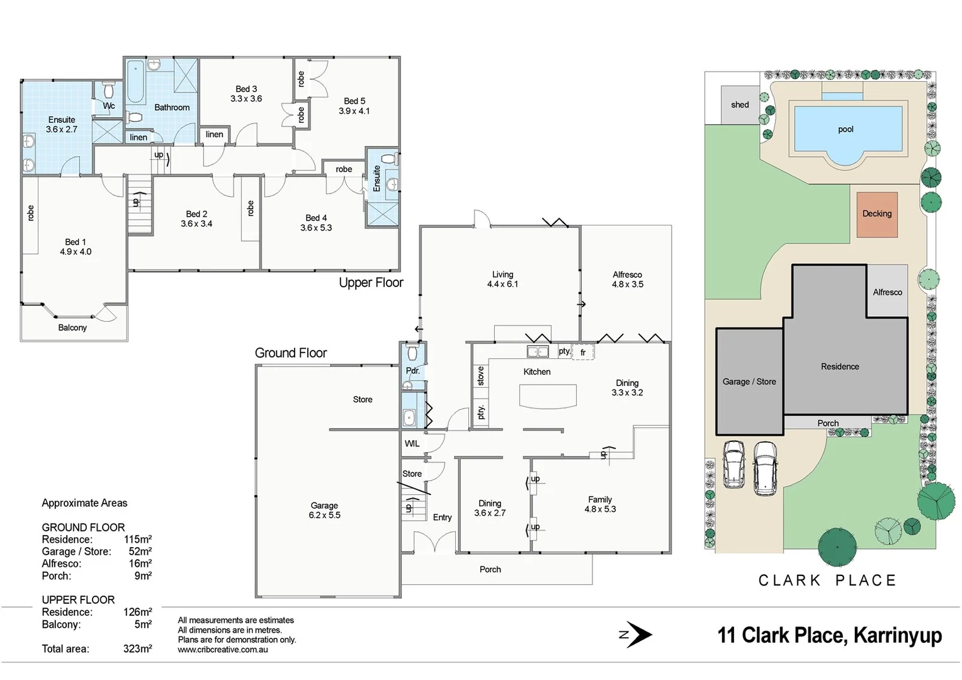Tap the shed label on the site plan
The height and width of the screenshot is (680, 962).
pos(740,105)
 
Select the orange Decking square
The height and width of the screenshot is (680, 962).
pos(877,214)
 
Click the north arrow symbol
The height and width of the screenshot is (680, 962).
pos(637,635)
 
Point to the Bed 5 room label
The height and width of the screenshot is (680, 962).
pos(354,106)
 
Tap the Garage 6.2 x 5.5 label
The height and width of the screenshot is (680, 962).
pos(324,510)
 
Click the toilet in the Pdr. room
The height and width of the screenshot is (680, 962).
pos(412,353)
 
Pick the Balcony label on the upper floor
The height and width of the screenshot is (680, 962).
pos(72,327)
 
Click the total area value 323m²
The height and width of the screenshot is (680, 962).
pos(137,649)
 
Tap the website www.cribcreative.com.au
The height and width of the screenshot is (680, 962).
pos(222,650)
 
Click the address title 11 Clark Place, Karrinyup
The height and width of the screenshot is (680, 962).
pos(829,635)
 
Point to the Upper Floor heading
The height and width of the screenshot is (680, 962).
pos(371,283)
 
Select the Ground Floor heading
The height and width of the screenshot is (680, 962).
pos(291,353)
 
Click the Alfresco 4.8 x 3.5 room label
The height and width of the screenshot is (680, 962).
pos(627,280)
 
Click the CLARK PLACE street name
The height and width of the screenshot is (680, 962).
pos(827,581)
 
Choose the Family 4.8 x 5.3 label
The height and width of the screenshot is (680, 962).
pos(600,504)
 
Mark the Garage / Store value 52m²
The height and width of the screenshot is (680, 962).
pos(140,552)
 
